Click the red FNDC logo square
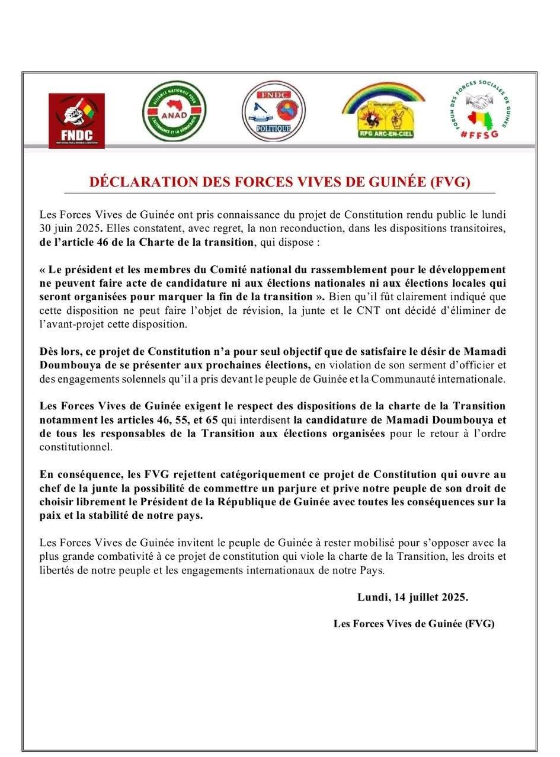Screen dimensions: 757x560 76,120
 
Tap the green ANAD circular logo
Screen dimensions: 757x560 174,111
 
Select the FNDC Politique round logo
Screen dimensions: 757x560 273,111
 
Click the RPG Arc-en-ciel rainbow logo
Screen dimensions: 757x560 383,111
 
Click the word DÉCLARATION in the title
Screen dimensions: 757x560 144,182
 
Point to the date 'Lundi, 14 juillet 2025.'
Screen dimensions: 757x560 412,597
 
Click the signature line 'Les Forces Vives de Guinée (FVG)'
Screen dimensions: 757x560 414,623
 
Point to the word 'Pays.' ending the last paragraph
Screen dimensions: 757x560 372,570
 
